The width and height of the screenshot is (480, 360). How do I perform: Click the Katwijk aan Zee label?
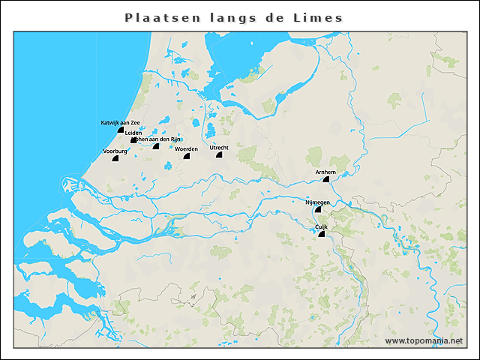120,122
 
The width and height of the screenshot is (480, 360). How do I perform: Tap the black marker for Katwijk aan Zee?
120,130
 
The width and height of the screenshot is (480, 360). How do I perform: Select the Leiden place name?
133,133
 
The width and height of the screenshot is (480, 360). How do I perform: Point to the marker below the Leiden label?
133,140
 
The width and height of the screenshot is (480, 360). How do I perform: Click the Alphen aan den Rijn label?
159,139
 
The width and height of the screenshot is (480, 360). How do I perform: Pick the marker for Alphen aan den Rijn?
156,146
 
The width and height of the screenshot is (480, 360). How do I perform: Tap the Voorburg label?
115,151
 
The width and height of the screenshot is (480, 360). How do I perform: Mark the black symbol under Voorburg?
115,158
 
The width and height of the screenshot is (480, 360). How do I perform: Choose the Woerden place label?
186,149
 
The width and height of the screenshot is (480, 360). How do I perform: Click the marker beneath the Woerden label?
187,156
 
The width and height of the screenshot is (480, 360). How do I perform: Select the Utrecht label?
219,148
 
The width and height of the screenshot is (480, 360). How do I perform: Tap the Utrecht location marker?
219,155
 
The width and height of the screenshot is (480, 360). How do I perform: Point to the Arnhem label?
325,172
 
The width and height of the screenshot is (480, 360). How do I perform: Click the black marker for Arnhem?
325,180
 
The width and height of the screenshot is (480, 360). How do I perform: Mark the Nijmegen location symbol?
318,211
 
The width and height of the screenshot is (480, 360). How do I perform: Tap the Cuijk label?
321,226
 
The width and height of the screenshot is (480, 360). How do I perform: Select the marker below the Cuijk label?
321,235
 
